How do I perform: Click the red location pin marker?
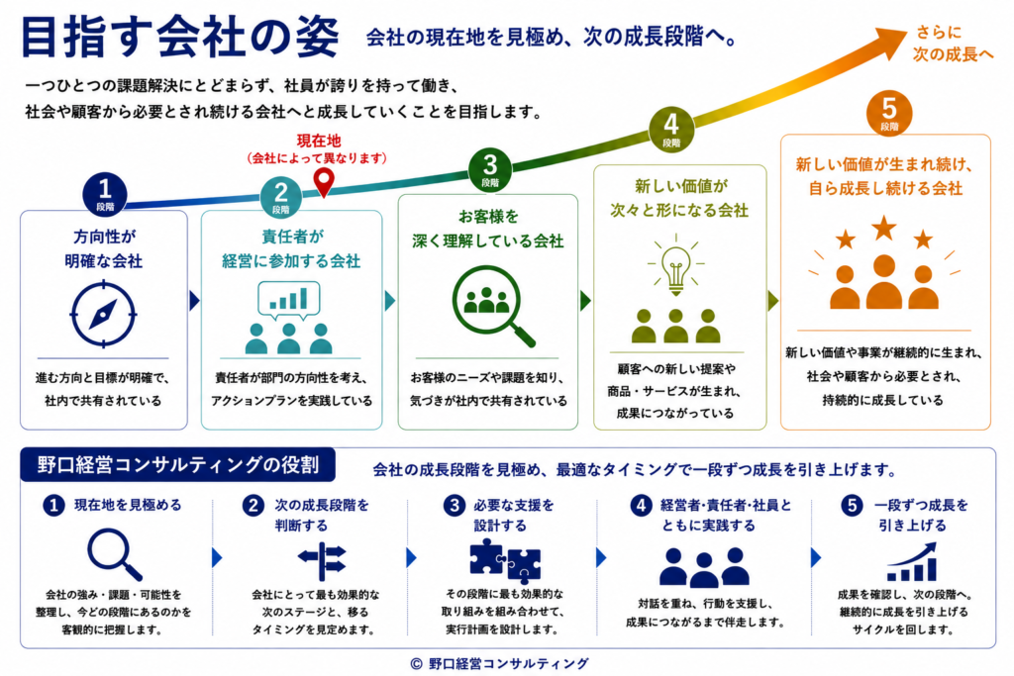point(324,181)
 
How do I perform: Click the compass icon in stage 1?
point(103,314)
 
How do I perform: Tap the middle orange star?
point(884,228)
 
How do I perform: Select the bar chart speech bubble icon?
point(288,300)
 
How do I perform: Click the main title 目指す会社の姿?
point(180,37)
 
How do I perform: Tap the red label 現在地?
point(318,141)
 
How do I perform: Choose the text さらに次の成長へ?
point(953,44)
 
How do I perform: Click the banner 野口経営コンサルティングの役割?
point(178,464)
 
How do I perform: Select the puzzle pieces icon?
point(505,560)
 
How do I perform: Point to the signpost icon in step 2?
point(322,561)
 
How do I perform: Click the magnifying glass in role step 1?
point(115,554)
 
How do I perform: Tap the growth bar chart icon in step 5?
point(912,561)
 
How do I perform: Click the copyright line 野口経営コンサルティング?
point(500,663)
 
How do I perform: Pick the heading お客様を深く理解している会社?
point(488,229)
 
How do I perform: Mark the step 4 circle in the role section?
point(641,506)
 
